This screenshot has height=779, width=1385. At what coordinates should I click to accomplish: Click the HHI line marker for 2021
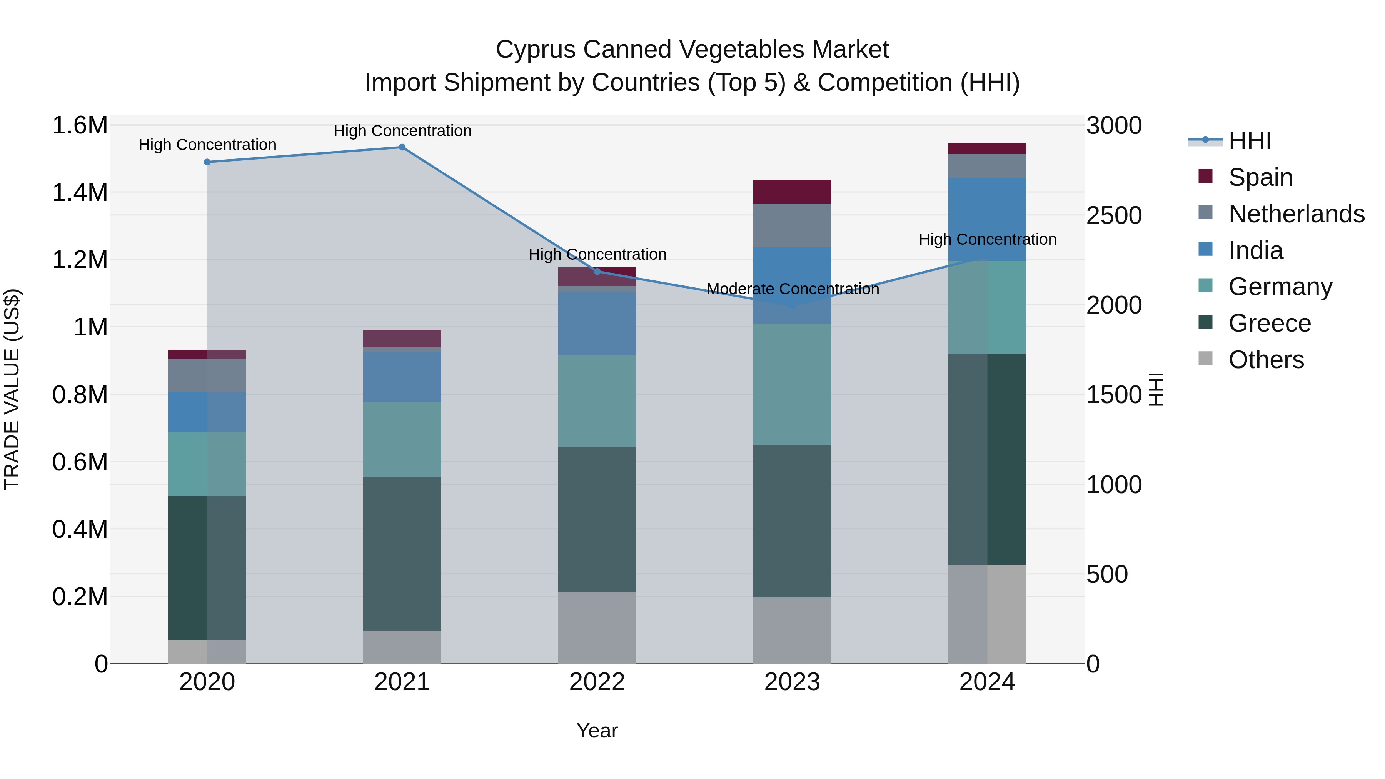[x=402, y=147]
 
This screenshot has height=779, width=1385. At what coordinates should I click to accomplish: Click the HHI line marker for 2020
[x=207, y=162]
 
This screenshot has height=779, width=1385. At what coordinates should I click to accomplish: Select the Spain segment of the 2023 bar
[x=792, y=192]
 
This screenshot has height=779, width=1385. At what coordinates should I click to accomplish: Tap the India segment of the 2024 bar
[x=987, y=219]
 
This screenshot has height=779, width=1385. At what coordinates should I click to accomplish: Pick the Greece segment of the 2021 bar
[x=402, y=553]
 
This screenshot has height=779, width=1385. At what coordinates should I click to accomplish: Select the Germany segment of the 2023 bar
[x=792, y=384]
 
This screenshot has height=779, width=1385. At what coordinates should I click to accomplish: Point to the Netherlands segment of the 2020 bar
[x=207, y=375]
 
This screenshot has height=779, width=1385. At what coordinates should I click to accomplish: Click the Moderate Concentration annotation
[x=793, y=289]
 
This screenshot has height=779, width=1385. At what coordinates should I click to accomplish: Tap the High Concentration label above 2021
[x=402, y=131]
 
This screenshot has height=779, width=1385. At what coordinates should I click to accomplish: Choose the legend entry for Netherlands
[x=1296, y=214]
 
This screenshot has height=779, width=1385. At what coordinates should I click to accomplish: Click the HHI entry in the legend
[x=1249, y=141]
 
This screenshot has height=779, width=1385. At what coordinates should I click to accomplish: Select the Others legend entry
[x=1266, y=360]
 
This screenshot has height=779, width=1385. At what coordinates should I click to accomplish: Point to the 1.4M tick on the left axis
[x=80, y=192]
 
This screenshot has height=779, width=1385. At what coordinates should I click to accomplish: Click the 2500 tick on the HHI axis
[x=1113, y=215]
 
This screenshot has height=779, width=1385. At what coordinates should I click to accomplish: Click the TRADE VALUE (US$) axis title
[x=12, y=389]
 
